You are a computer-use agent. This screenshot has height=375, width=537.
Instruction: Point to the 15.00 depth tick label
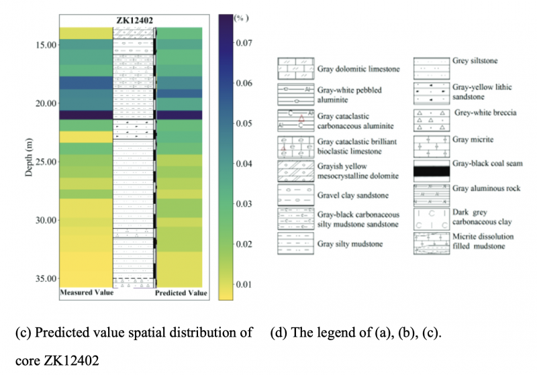tap(46, 45)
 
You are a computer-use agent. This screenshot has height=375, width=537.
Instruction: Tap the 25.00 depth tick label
tap(46, 162)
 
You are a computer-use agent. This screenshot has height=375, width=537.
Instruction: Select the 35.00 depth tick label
tap(46, 278)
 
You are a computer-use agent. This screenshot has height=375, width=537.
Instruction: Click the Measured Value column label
tap(85, 293)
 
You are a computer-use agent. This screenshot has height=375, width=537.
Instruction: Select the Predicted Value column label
tap(181, 293)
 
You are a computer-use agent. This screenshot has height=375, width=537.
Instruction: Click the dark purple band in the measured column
tap(85, 115)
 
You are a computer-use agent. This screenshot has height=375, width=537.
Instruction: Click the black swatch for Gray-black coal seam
tap(431, 172)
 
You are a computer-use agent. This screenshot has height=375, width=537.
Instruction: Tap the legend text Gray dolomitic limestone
tap(358, 69)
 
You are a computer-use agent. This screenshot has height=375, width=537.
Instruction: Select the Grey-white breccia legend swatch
tap(431, 119)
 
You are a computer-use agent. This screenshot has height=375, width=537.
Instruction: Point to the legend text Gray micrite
tap(473, 140)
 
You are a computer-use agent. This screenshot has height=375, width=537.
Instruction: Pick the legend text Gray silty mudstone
tap(350, 244)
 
